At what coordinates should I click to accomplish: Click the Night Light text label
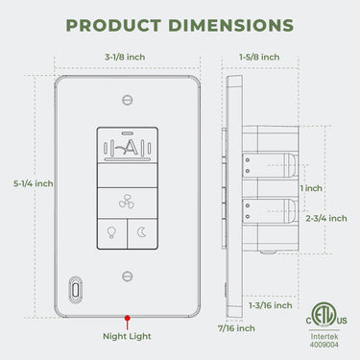(127, 336)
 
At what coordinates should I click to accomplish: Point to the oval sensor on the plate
(75, 287)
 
